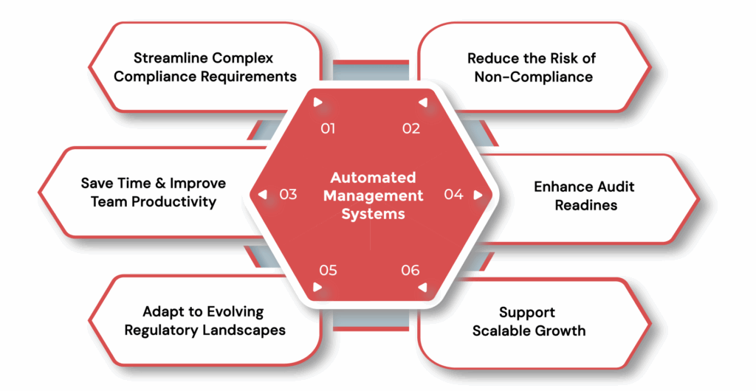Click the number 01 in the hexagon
[328, 128]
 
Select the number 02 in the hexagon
[411, 128]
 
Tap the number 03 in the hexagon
[288, 195]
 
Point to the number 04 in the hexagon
[453, 195]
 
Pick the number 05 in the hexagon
[328, 270]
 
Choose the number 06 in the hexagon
[410, 270]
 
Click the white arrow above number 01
[317, 103]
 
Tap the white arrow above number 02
[423, 103]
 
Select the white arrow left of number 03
[262, 195]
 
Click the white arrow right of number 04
[478, 195]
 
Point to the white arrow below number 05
[317, 287]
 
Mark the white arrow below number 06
[423, 287]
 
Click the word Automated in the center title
[373, 178]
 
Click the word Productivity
[176, 201]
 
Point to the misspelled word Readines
[585, 205]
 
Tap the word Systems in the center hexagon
[373, 214]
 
